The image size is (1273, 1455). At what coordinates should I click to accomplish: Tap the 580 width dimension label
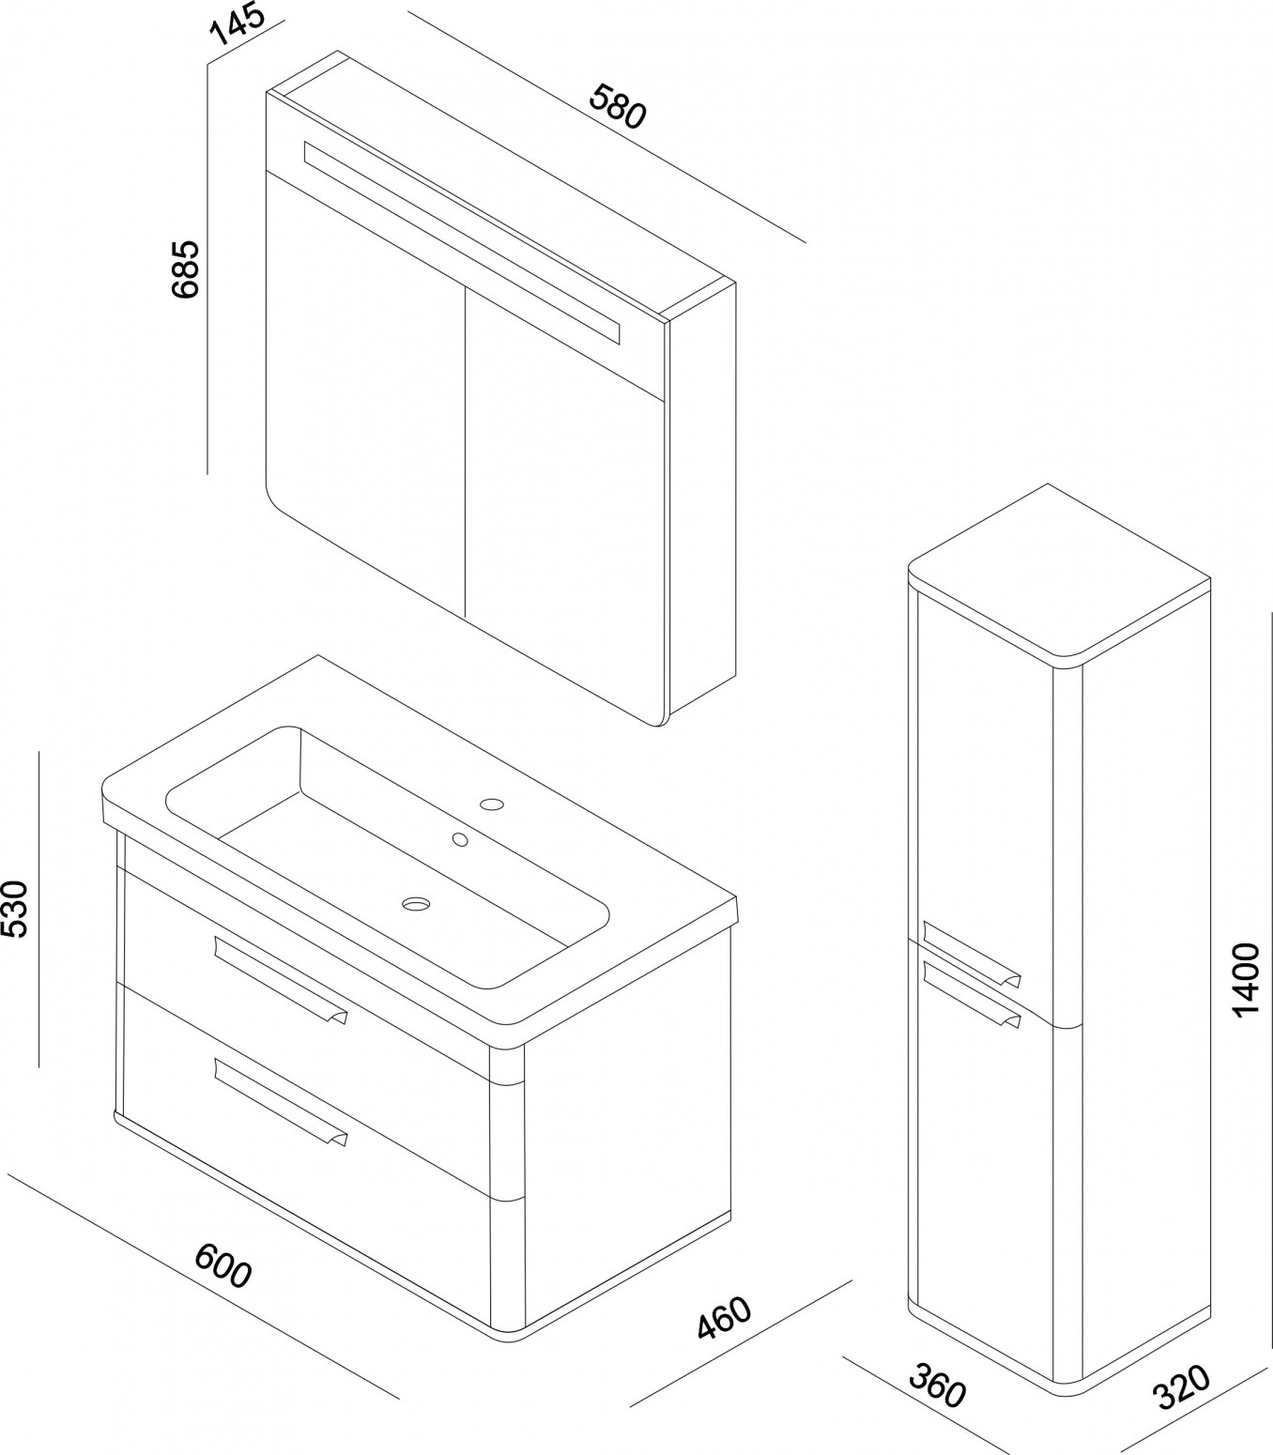coord(618,107)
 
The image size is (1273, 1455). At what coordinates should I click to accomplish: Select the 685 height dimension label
coord(186,268)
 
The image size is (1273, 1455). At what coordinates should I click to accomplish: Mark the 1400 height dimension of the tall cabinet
coord(1245,980)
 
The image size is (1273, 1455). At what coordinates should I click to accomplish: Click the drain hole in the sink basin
coord(416,904)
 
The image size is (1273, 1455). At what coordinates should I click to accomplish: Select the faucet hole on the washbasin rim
coord(492,804)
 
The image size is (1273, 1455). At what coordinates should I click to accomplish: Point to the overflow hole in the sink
coord(461,839)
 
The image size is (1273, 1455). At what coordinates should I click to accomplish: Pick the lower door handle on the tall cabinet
coord(972,995)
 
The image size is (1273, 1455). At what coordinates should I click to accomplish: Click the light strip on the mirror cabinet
coord(462,242)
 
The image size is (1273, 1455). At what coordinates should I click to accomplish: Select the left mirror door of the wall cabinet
coord(365,398)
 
